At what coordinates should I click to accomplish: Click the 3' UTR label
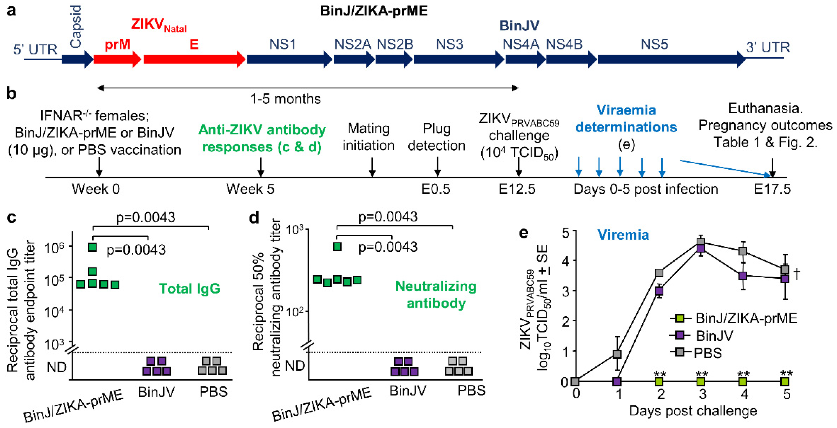(767, 48)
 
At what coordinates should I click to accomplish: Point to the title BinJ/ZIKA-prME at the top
(374, 11)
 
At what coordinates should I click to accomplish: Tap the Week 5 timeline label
(250, 189)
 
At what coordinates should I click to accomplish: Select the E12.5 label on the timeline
(517, 189)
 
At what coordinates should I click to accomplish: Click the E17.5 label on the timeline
(772, 189)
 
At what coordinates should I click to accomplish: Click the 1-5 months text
(285, 99)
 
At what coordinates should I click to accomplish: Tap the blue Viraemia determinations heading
(626, 118)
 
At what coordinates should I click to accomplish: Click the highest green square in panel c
(93, 248)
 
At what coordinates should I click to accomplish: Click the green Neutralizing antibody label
(436, 294)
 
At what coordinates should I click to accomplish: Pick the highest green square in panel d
(337, 247)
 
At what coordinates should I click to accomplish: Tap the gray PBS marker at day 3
(701, 242)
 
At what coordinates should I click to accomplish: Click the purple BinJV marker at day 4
(743, 276)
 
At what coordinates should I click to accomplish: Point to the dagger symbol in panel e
(796, 274)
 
